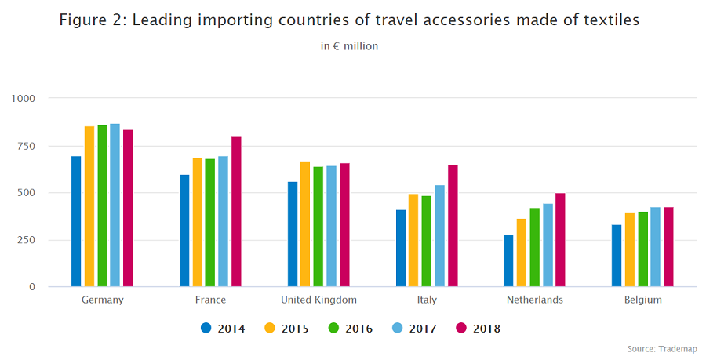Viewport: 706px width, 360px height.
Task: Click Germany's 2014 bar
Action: click(x=76, y=221)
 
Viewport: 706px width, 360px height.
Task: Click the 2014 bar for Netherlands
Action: click(x=509, y=260)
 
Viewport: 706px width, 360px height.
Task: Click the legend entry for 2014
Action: click(x=224, y=329)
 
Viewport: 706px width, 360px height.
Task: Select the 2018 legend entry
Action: click(x=478, y=329)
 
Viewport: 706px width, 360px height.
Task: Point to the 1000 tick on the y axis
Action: click(x=24, y=99)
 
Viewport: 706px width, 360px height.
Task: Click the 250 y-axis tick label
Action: click(x=27, y=240)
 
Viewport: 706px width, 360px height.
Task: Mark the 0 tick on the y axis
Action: click(x=33, y=287)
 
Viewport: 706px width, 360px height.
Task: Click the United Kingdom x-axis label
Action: click(x=318, y=300)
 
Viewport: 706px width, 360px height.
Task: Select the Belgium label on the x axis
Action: click(x=643, y=300)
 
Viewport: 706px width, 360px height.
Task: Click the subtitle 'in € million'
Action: click(x=349, y=46)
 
